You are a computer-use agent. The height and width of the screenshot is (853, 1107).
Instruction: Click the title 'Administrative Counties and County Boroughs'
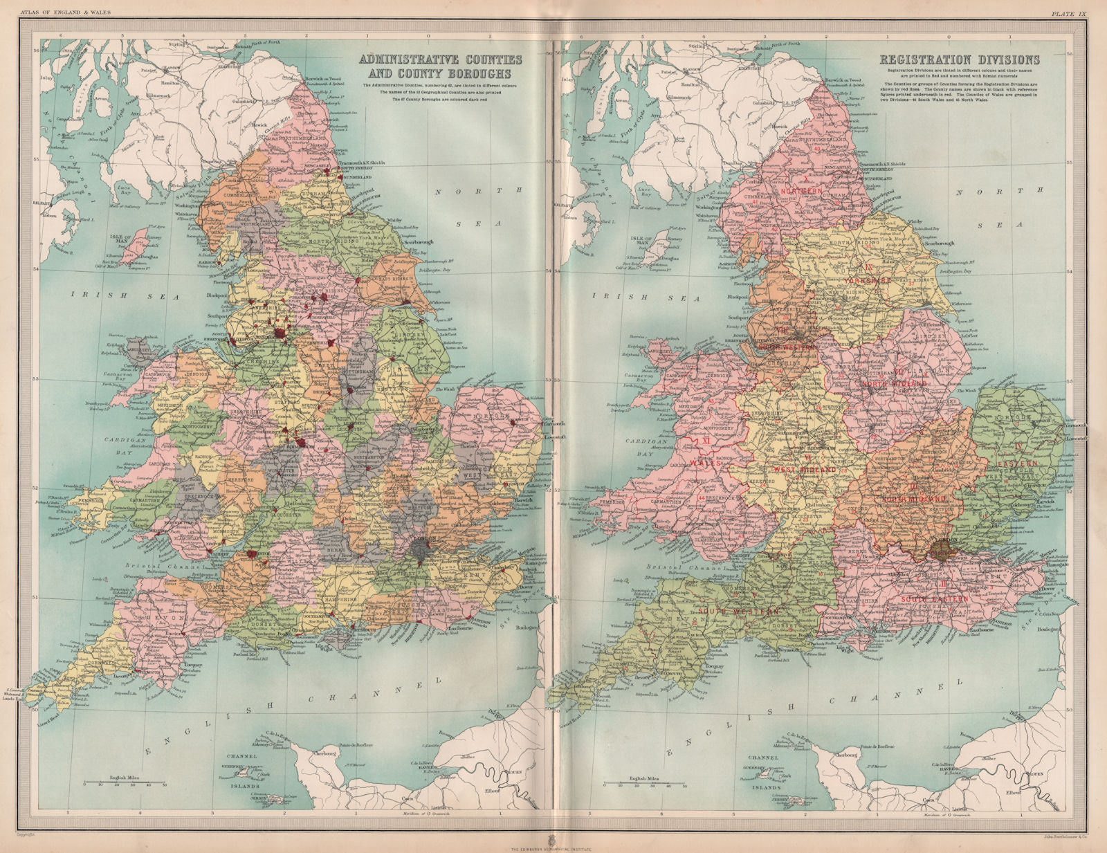point(440,66)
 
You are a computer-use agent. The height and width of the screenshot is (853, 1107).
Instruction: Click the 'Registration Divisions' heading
point(959,60)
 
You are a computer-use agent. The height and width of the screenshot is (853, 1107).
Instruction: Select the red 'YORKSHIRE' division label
point(868,281)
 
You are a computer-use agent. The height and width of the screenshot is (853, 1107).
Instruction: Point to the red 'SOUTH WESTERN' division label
point(738,612)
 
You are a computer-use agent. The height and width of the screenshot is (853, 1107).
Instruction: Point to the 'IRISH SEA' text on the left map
point(125,295)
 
